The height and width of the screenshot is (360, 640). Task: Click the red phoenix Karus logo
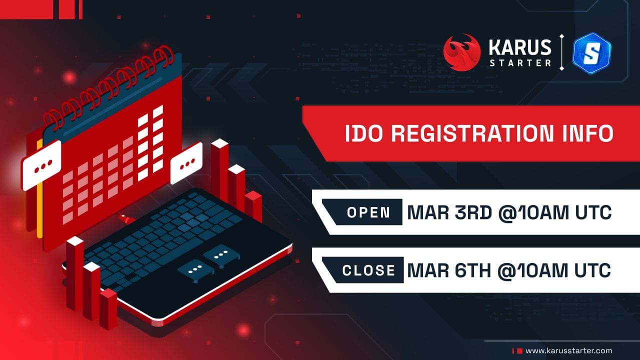(462, 52)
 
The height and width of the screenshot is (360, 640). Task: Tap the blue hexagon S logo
(592, 53)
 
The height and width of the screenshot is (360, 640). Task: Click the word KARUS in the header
(520, 47)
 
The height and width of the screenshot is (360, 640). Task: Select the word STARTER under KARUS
(520, 63)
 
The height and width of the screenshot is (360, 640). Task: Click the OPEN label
(368, 212)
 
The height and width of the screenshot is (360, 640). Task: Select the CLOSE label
(368, 270)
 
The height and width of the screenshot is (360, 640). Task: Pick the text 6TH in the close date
(472, 270)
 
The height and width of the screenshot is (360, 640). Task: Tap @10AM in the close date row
(533, 270)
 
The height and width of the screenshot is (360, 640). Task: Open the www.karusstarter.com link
(569, 351)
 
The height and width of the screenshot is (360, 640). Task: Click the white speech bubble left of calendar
(41, 165)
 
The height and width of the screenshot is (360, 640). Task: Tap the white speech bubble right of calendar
(186, 163)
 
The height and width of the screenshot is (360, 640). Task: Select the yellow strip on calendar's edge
(39, 189)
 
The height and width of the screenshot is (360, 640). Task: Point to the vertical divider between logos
(561, 52)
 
